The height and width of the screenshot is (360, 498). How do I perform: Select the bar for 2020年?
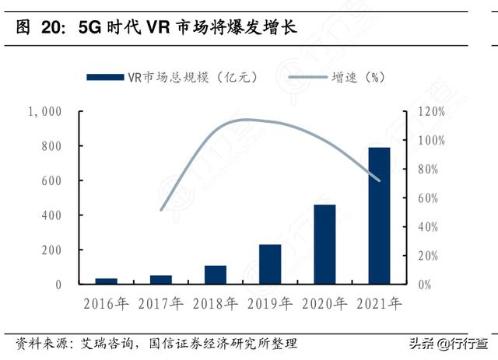click(x=324, y=244)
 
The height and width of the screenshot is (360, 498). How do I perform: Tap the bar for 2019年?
click(x=270, y=264)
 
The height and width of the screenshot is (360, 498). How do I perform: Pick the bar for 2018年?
click(x=216, y=274)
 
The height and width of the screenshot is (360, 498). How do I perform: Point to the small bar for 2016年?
click(x=107, y=281)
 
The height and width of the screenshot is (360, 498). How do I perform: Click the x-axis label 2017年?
click(x=161, y=303)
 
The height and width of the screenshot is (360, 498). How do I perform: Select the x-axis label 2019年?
click(x=270, y=303)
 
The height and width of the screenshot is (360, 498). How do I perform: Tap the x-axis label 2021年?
click(x=379, y=303)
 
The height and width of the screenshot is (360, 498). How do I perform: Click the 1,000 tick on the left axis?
click(x=44, y=112)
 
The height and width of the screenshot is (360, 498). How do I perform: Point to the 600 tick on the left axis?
click(x=51, y=181)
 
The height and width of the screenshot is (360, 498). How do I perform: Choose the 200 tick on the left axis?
click(x=51, y=250)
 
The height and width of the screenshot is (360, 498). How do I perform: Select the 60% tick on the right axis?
click(x=433, y=198)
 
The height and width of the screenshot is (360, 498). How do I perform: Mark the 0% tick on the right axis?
click(x=425, y=285)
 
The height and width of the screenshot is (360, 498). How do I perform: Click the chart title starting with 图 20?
click(x=156, y=29)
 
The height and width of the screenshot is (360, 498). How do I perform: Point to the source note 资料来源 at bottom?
click(x=156, y=343)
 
